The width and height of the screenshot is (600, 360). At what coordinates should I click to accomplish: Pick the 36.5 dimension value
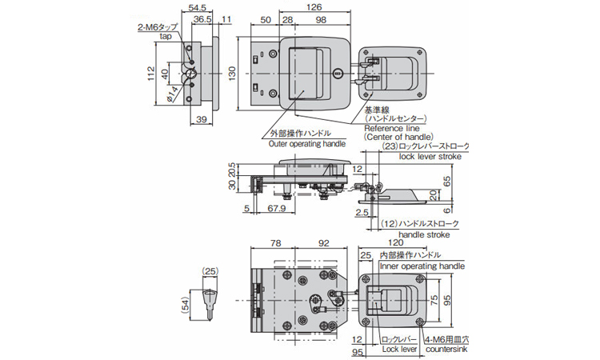coord(202,18)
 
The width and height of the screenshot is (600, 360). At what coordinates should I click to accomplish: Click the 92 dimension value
coord(324,243)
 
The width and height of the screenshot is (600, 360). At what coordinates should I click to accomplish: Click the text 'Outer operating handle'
coord(307,144)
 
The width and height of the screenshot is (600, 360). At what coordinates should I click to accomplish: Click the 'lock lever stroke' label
coord(431,158)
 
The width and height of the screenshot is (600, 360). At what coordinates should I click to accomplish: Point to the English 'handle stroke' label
coord(424,234)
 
